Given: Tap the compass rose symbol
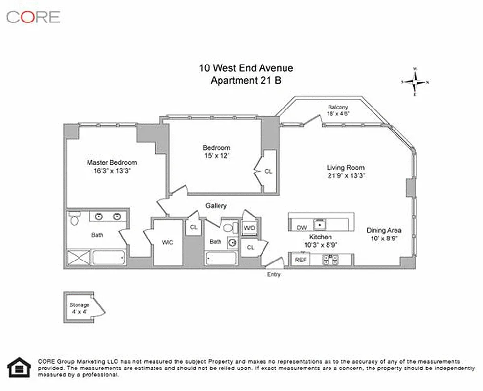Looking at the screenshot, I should [x=415, y=82].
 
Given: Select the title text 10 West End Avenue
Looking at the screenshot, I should [x=246, y=68].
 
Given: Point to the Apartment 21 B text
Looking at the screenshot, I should [x=245, y=81].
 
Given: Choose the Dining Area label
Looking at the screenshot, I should [x=384, y=230].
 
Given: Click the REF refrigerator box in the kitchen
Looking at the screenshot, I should [x=300, y=260].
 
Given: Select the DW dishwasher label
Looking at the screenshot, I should [x=301, y=228].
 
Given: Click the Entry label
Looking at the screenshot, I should [x=274, y=274].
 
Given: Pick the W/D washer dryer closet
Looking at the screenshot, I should [x=249, y=228].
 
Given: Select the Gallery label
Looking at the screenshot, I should [x=216, y=206].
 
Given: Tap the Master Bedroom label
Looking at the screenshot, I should [x=112, y=163].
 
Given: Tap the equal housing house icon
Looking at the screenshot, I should [x=20, y=367].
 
